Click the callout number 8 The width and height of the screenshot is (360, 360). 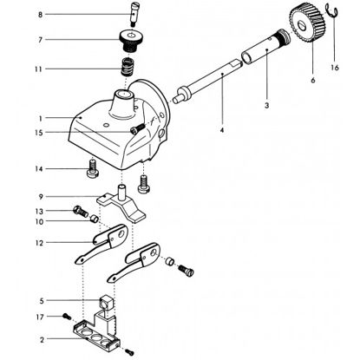click(40, 15)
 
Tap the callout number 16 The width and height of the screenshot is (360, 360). click(335, 68)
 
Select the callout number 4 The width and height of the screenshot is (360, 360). click(222, 130)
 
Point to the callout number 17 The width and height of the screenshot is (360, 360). click(40, 317)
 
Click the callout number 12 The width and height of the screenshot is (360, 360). click(39, 243)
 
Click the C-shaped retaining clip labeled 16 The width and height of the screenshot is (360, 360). click(331, 10)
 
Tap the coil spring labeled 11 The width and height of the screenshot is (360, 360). click(127, 67)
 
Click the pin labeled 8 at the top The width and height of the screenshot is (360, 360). click(134, 14)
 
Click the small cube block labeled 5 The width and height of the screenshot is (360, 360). click(106, 303)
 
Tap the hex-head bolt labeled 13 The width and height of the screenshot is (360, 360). click(81, 212)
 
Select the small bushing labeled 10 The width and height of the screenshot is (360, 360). click(95, 219)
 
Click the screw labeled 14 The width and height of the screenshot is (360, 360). click(93, 169)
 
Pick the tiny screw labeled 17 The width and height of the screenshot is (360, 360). click(67, 317)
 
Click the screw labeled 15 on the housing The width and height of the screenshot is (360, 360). click(137, 128)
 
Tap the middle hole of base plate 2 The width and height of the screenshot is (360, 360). click(95, 337)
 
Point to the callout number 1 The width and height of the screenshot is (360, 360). click(41, 118)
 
